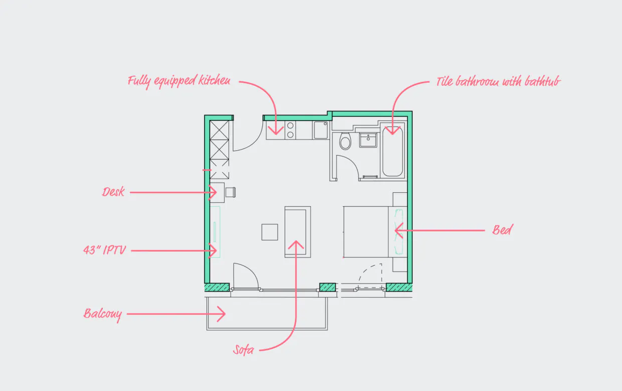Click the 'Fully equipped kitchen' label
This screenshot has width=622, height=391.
pyautogui.click(x=179, y=80)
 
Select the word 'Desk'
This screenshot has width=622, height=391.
pyautogui.click(x=113, y=192)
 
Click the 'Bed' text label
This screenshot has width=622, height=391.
pyautogui.click(x=502, y=230)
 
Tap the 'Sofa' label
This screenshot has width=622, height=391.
pyautogui.click(x=244, y=350)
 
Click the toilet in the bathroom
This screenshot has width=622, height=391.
pyautogui.click(x=345, y=142)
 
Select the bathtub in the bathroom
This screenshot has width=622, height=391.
pyautogui.click(x=392, y=151)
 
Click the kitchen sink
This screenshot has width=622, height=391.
pyautogui.click(x=321, y=131)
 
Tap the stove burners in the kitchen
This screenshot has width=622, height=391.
pyautogui.click(x=290, y=131)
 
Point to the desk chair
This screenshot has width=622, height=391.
pyautogui.click(x=231, y=191)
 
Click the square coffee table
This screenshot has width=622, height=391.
pyautogui.click(x=269, y=232)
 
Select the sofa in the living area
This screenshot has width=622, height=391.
pyautogui.click(x=297, y=231)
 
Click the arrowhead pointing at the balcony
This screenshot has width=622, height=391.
pyautogui.click(x=221, y=315)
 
